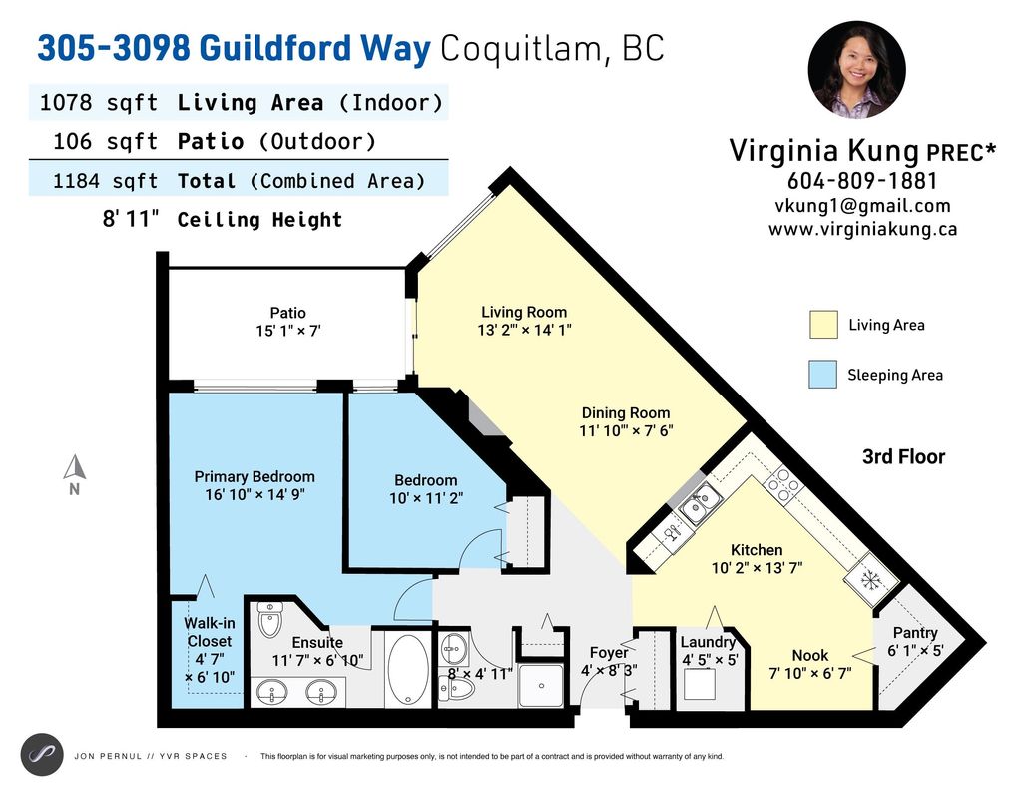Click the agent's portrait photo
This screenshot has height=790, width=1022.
(857, 70)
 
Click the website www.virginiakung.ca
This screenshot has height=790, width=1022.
(862, 229)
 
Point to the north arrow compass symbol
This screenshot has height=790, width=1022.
(74, 468)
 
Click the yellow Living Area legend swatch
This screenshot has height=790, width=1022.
(823, 325)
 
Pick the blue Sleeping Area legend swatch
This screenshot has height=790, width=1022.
(823, 375)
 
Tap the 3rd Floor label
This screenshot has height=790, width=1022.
(903, 457)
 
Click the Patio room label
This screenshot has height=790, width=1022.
(287, 313)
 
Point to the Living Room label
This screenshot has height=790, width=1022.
(524, 312)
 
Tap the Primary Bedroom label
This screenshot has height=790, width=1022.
(255, 477)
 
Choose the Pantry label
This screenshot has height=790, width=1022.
(915, 633)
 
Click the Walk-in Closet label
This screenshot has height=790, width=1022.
(210, 632)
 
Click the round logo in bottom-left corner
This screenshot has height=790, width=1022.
(42, 754)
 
